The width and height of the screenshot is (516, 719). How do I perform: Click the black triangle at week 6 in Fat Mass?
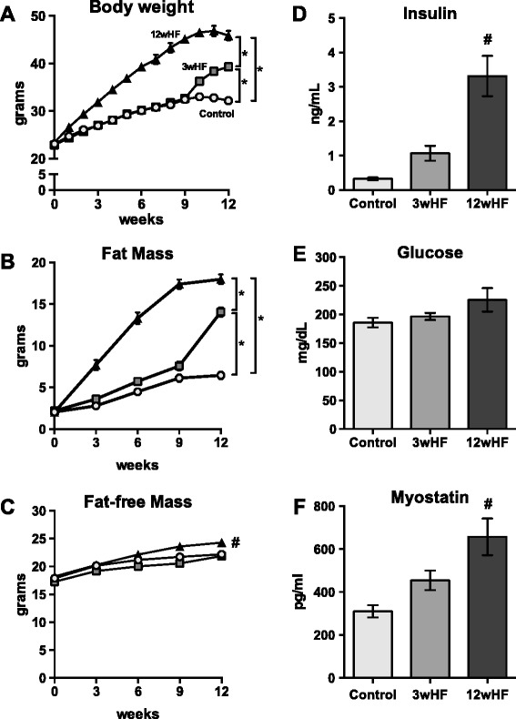pyautogui.click(x=138, y=318)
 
